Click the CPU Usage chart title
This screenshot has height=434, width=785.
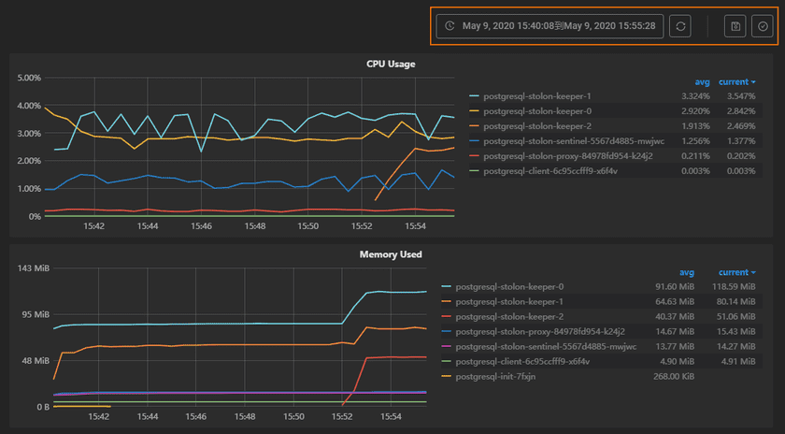(391, 64)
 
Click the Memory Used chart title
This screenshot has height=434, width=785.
(391, 253)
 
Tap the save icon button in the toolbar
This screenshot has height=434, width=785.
(735, 26)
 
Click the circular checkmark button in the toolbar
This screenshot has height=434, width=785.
(763, 26)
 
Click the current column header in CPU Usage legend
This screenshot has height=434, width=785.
(736, 81)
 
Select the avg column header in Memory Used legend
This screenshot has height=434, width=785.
(686, 272)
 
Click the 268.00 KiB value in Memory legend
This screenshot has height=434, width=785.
(672, 376)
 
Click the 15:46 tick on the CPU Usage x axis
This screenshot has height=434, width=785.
(201, 226)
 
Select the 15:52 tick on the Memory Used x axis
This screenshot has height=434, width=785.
(342, 417)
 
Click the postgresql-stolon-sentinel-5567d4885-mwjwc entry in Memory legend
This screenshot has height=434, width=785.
(546, 346)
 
